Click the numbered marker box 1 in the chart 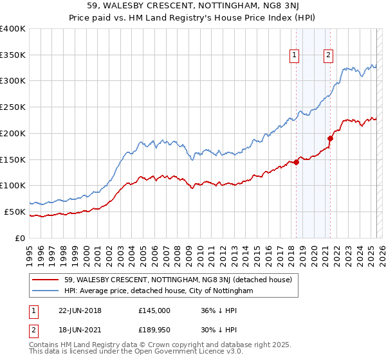pos(295,56)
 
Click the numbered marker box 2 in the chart pos(329,56)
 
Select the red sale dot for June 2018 pos(297,162)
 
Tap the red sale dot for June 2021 pos(330,138)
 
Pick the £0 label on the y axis pos(21,238)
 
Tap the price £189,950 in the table pos(154,331)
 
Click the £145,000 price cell pos(154,310)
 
